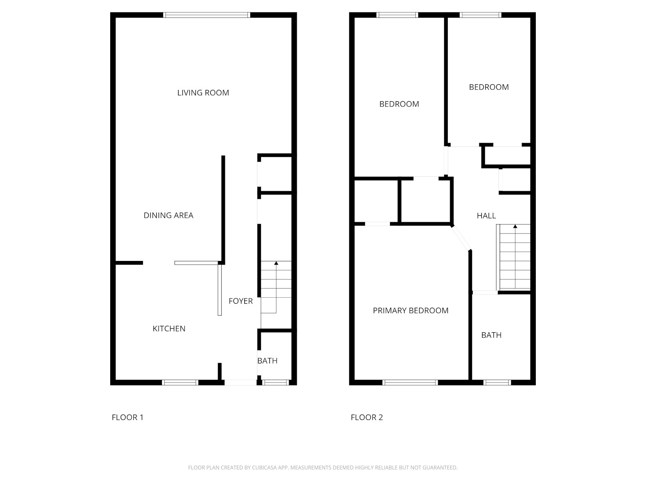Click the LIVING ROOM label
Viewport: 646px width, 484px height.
[x=203, y=93]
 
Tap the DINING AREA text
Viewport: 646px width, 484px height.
[x=168, y=215]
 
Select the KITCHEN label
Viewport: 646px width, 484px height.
[x=169, y=329]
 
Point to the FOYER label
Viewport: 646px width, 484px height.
[x=241, y=301]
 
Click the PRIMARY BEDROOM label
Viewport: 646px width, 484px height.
[x=411, y=311]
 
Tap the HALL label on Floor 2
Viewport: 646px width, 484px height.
[x=486, y=216]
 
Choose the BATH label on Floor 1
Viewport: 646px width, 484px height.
[x=267, y=361]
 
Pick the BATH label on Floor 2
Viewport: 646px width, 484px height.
[x=491, y=335]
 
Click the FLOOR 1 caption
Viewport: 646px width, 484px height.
[x=128, y=417]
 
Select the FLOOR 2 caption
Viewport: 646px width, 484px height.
[x=367, y=417]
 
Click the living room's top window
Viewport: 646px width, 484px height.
[x=207, y=15]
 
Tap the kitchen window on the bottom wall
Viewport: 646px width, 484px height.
[x=180, y=382]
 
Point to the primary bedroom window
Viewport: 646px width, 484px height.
[x=410, y=382]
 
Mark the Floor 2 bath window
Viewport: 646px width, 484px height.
[x=497, y=382]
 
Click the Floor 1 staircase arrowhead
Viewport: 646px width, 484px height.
[x=276, y=263]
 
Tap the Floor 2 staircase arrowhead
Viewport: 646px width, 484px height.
[x=515, y=227]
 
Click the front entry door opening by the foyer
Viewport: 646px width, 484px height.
[x=241, y=382]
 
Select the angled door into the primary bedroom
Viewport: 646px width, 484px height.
[x=461, y=238]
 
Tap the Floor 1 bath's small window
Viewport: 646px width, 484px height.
[x=275, y=382]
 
